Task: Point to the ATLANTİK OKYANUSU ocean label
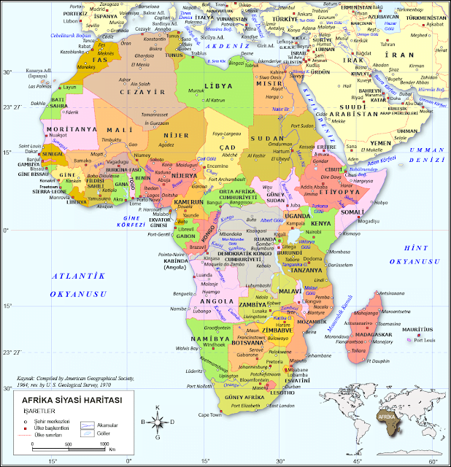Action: point(78,285)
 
